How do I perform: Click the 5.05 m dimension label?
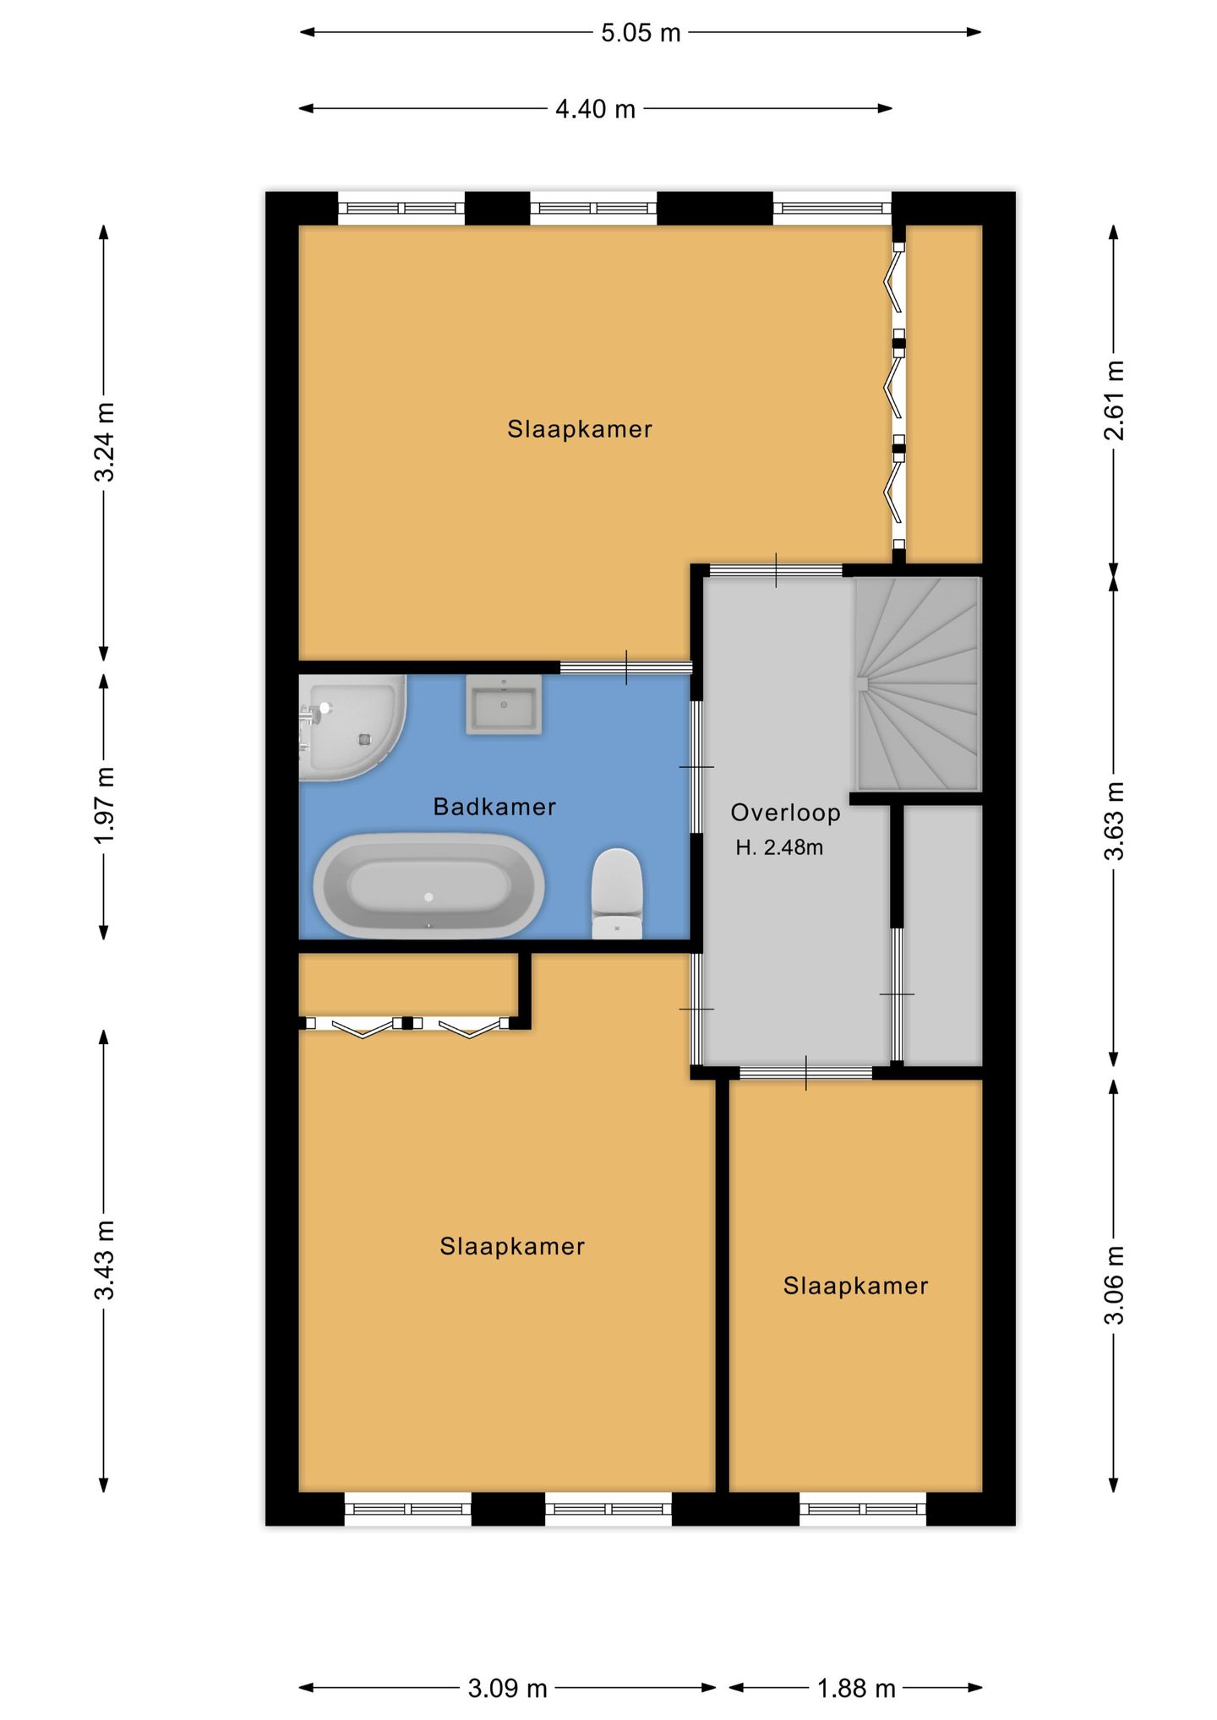click(x=641, y=33)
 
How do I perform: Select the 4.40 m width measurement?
click(x=595, y=109)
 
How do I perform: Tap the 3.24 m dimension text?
click(x=104, y=442)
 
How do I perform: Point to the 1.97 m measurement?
click(x=104, y=806)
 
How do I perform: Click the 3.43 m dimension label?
click(x=104, y=1260)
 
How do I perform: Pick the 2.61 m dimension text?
click(x=1114, y=400)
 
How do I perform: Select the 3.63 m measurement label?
click(x=1114, y=820)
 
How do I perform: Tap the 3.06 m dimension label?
click(x=1114, y=1285)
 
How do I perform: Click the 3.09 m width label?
click(x=508, y=1688)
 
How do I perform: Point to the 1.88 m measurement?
click(x=856, y=1688)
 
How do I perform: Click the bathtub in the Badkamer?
click(x=428, y=885)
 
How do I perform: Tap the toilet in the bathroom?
click(x=617, y=894)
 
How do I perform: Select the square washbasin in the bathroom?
click(x=504, y=704)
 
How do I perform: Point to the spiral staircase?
click(x=918, y=683)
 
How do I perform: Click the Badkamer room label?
click(x=494, y=807)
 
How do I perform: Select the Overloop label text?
click(x=786, y=813)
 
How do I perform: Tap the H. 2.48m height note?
click(x=779, y=847)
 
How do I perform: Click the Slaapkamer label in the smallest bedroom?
click(x=855, y=1286)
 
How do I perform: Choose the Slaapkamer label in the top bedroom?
click(x=580, y=429)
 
